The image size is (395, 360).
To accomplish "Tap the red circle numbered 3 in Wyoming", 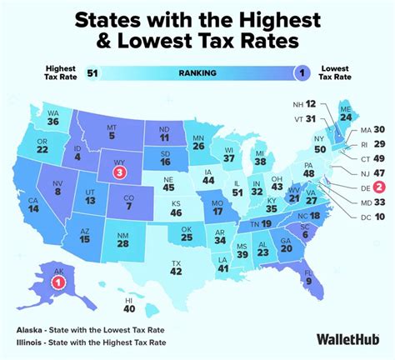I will (x=120, y=172).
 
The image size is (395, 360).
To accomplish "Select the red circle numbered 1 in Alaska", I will (x=58, y=283).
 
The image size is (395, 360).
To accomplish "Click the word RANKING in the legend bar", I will (x=197, y=72).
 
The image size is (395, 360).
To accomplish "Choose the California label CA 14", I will (x=33, y=207).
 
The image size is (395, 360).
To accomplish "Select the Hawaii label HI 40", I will (x=129, y=304).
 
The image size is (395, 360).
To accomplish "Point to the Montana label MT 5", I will (x=111, y=131).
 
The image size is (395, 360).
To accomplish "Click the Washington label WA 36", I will (x=52, y=118).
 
